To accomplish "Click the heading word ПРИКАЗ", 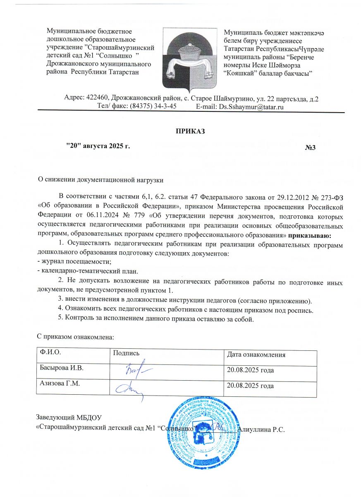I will tap(191, 132).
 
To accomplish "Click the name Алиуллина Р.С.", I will tap(259, 429).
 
